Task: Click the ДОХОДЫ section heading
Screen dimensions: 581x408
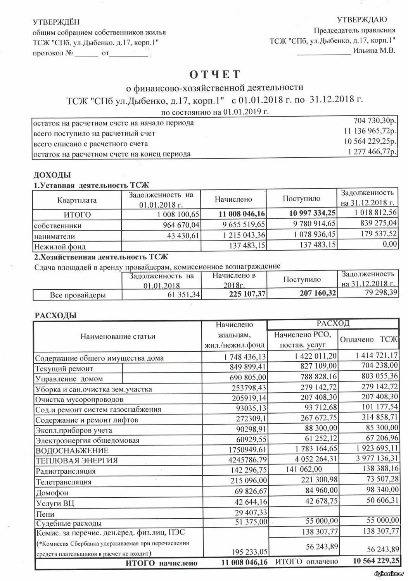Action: pos(52,175)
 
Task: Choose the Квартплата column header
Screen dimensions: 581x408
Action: pos(77,200)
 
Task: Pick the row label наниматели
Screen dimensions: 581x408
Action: pos(54,236)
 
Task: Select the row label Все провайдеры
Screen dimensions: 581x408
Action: pos(78,295)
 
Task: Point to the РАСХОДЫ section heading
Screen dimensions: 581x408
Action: pos(56,315)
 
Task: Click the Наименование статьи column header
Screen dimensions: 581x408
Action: pos(118,336)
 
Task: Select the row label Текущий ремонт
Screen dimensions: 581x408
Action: pos(64,368)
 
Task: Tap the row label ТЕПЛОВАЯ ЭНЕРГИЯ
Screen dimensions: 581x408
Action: pos(76,461)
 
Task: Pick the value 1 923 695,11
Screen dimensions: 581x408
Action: pos(375,449)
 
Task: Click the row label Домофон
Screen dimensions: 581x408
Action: pos(52,493)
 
